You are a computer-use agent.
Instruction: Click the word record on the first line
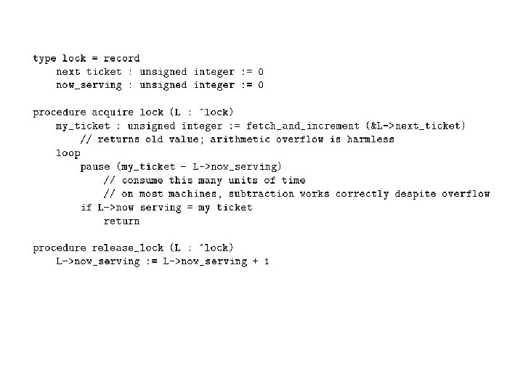pos(121,58)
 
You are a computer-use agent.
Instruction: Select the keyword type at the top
pos(44,58)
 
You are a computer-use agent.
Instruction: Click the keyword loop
pos(68,153)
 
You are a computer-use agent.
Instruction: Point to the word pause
pos(95,166)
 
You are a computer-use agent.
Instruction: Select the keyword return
pos(121,221)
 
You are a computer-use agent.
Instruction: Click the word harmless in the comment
pos(370,139)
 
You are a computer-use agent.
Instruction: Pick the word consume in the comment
pos(142,180)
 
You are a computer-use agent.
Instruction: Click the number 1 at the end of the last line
pos(267,261)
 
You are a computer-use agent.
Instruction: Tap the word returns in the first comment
pos(118,139)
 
